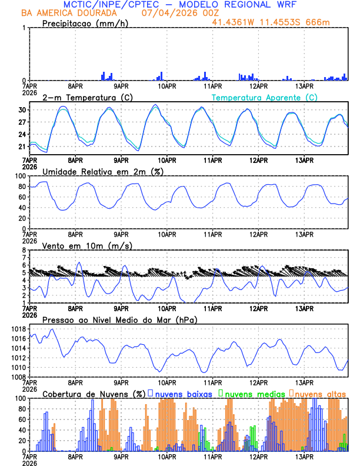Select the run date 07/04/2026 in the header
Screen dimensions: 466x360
[x=164, y=13]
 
